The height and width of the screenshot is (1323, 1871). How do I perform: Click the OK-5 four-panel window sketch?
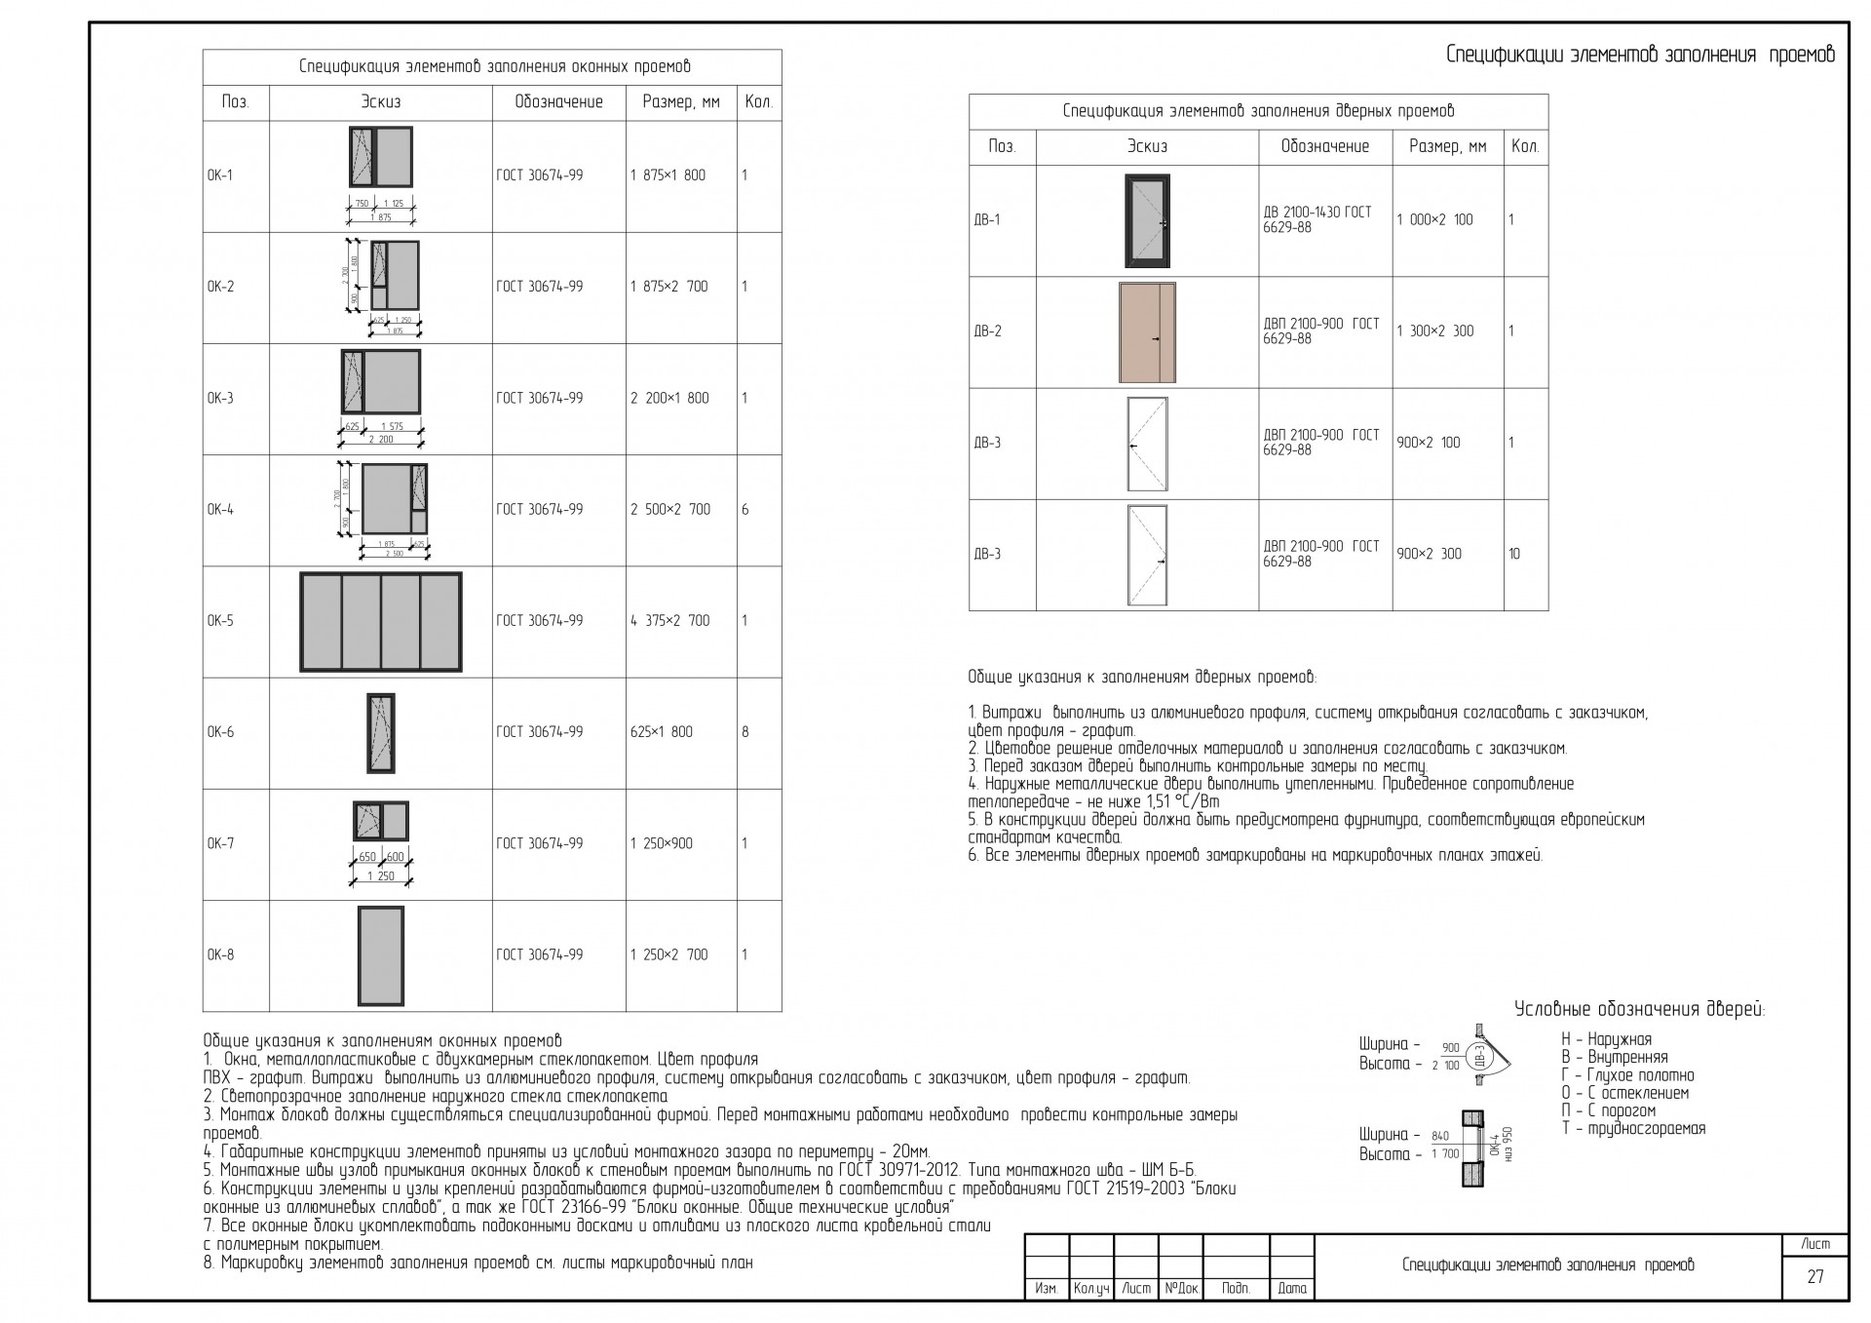380,622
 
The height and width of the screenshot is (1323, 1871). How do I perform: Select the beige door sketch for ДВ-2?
1147,332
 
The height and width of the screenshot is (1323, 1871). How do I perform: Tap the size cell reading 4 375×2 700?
669,621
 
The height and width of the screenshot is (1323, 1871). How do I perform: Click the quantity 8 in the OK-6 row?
745,732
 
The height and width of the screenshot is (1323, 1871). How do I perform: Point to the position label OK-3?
220,399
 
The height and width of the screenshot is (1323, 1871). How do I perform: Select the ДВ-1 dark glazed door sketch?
1147,221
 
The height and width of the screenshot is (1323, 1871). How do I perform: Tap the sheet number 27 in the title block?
1814,1276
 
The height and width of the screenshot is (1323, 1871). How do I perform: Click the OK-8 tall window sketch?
380,955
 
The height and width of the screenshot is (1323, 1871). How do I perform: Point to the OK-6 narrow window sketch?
380,733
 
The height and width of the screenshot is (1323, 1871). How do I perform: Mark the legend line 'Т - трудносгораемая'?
1633,1129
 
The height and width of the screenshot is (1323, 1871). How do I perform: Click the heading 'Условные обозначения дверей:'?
1639,1010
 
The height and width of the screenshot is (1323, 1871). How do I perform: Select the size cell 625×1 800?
661,732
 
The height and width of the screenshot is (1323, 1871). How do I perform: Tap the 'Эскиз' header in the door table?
1147,147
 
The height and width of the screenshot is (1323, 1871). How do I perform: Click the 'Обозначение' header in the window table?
558,102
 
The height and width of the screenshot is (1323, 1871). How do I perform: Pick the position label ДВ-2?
987,331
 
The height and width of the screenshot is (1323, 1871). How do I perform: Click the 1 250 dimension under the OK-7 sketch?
380,876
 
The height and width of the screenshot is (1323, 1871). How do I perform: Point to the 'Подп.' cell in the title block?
1236,1289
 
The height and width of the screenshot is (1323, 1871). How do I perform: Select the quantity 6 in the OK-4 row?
745,510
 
